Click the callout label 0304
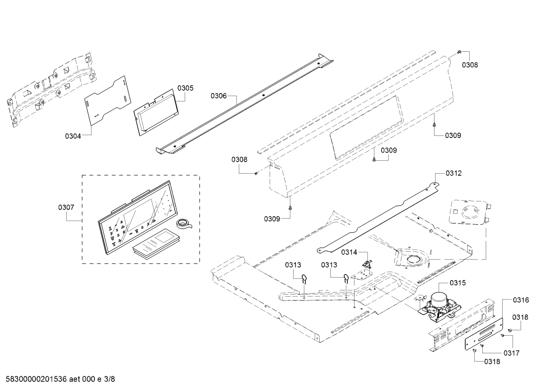(x=73, y=135)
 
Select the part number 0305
(x=185, y=88)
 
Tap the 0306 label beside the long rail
(x=219, y=96)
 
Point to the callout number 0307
(x=66, y=207)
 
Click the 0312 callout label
(x=454, y=173)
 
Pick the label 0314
(x=349, y=252)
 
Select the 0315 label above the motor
(x=457, y=283)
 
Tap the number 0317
(x=511, y=353)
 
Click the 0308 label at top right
(x=470, y=65)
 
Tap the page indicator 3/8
(x=109, y=379)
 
